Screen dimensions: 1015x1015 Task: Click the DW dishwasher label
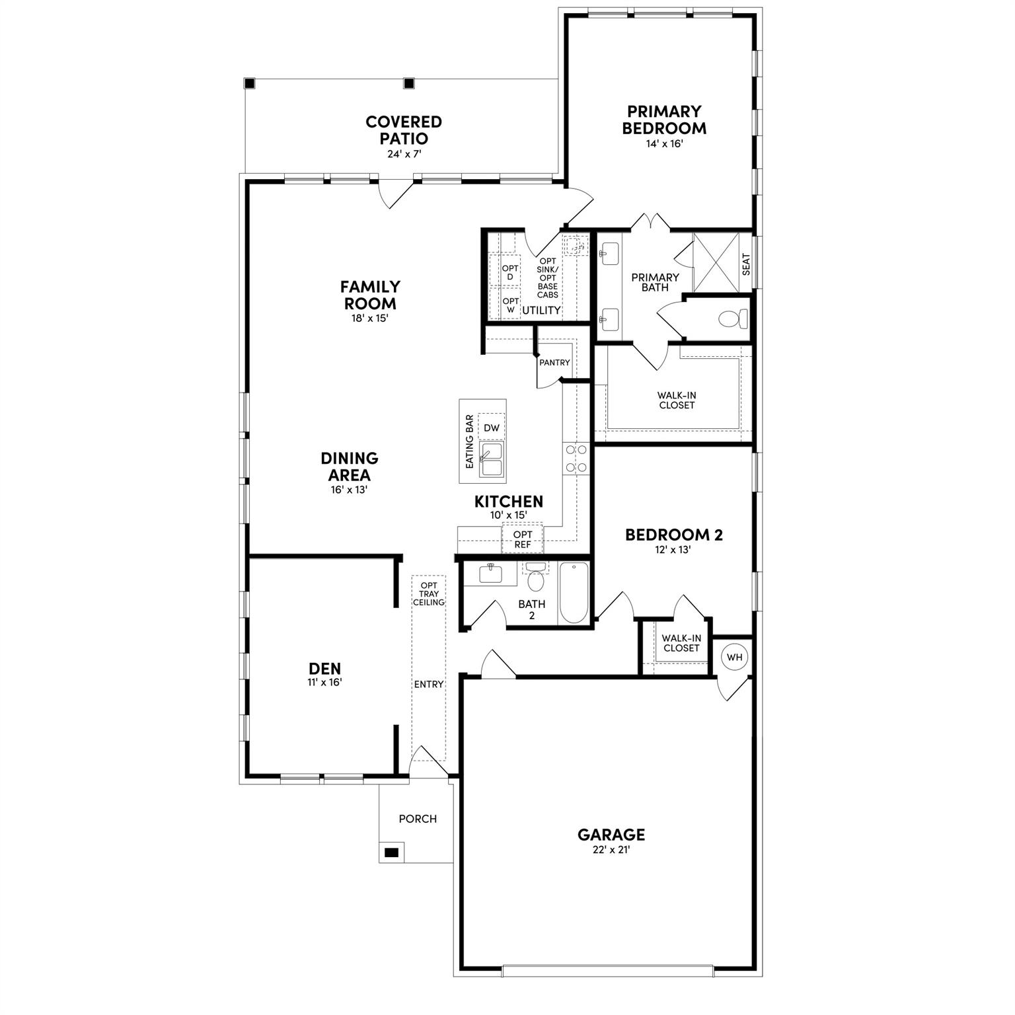tap(492, 428)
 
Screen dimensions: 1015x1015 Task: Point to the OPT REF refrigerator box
tap(523, 539)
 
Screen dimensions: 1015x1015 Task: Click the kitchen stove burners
tap(576, 458)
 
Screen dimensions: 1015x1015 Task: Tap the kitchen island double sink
tap(491, 459)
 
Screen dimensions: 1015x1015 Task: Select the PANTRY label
tap(554, 363)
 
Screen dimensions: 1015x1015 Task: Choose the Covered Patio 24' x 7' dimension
tap(404, 154)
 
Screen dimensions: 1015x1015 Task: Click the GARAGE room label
tap(611, 835)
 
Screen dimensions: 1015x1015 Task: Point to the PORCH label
tap(418, 819)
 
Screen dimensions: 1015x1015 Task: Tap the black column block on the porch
tap(392, 852)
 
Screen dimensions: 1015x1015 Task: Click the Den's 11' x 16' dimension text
tap(324, 683)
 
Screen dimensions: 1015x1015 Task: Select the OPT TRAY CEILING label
tap(429, 594)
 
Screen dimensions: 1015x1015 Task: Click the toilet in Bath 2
tap(535, 580)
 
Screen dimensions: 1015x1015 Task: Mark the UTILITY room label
tap(541, 310)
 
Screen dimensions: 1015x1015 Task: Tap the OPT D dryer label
tap(510, 272)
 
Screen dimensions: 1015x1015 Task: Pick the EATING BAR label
tap(470, 442)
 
